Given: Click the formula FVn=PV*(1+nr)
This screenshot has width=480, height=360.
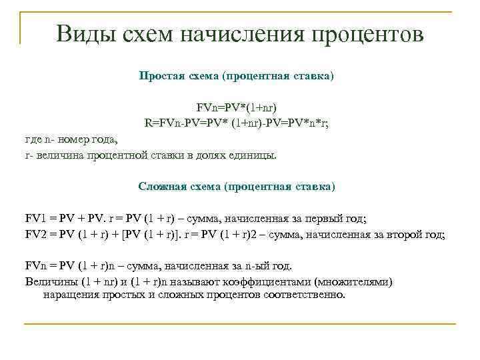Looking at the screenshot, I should pyautogui.click(x=236, y=107).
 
